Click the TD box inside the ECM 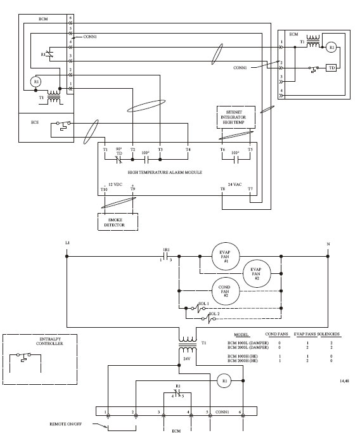tap(330, 68)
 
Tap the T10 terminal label tap(104, 189)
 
